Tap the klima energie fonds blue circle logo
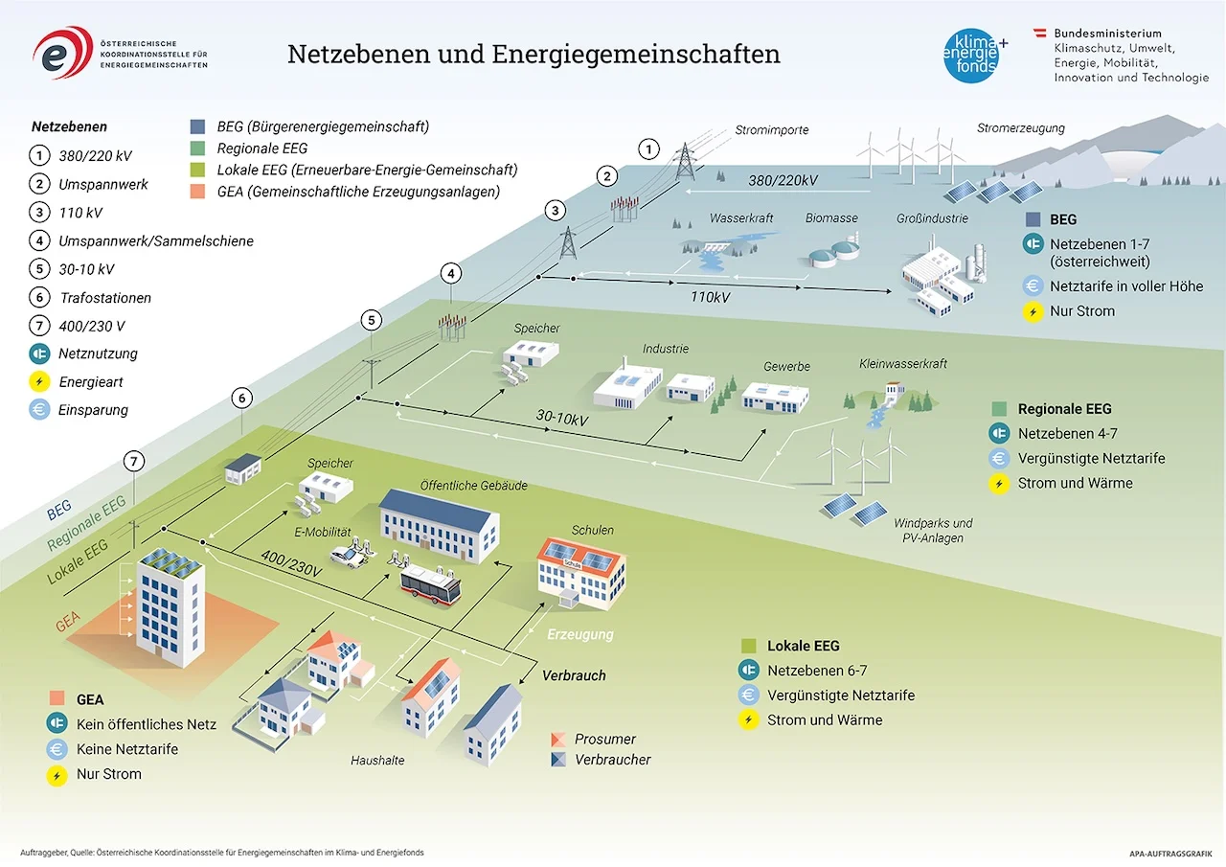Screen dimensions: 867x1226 point(972,52)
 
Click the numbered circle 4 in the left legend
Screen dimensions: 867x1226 point(38,241)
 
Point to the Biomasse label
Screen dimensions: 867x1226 point(831,218)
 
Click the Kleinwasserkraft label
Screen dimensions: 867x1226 point(903,364)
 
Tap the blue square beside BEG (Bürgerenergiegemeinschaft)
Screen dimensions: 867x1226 point(197,126)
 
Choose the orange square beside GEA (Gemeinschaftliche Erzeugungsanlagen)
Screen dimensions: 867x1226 point(197,191)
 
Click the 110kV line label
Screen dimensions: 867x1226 point(710,297)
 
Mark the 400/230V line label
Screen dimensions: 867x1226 point(290,561)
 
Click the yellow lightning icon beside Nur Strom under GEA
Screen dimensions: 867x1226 point(57,775)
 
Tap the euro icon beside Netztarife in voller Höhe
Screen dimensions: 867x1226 point(1032,286)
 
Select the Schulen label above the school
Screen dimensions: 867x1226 point(592,530)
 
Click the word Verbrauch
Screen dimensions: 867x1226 point(574,675)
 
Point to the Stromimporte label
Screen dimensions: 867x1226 point(772,130)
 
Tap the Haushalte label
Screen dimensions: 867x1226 point(377,761)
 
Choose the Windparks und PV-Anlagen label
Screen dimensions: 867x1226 point(932,531)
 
